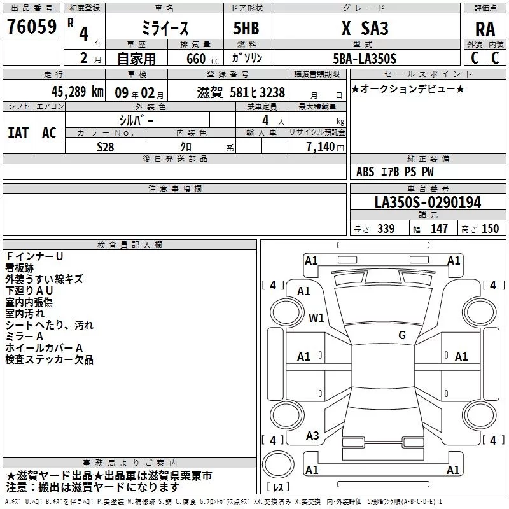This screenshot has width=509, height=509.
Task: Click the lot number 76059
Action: [x=32, y=27]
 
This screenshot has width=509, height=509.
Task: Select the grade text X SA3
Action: [x=365, y=28]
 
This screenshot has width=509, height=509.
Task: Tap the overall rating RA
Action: [x=485, y=29]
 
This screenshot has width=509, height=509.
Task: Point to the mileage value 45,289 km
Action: [x=77, y=92]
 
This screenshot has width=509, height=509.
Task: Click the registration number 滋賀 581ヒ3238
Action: [x=241, y=92]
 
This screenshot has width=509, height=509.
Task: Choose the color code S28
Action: [x=106, y=147]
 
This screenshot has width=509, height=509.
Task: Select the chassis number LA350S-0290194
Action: [x=428, y=202]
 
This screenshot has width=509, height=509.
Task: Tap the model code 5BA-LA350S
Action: [x=365, y=59]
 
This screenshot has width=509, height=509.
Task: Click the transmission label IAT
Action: [x=18, y=133]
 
